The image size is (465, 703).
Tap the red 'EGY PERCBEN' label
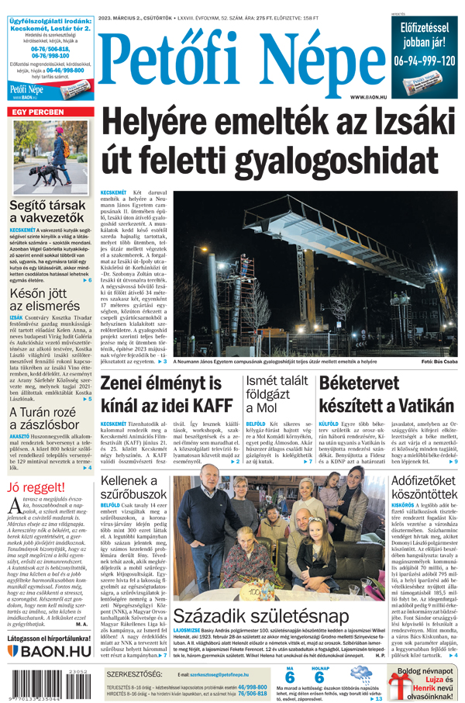tap(37, 113)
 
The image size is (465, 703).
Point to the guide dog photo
tap(50, 159)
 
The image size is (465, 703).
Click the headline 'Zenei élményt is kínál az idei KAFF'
tap(166, 393)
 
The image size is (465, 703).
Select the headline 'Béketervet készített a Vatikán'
tap(387, 393)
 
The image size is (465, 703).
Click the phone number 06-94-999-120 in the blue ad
tap(425, 60)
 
